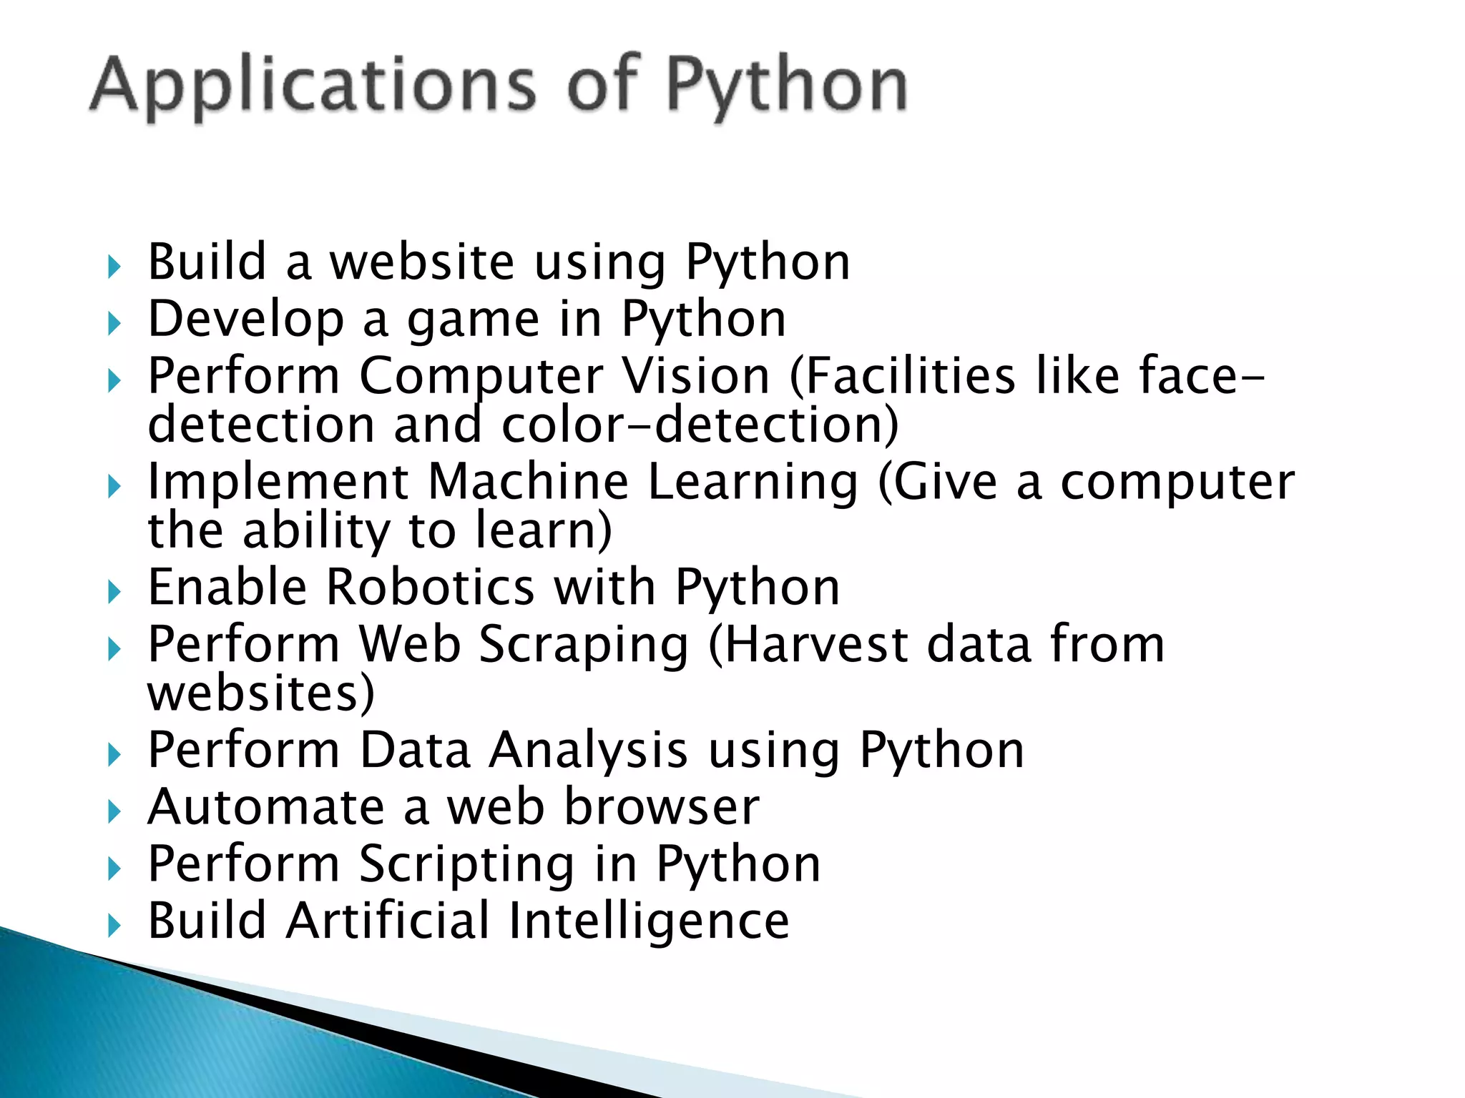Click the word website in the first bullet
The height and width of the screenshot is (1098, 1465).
click(x=422, y=262)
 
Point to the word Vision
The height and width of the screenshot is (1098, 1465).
click(x=695, y=376)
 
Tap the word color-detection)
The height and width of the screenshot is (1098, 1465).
click(x=700, y=425)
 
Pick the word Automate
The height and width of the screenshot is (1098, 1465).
click(x=266, y=808)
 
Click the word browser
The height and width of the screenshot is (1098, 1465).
click(x=661, y=808)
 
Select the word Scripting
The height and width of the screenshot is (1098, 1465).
click(x=466, y=865)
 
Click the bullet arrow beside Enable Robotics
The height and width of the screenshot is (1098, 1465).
click(x=114, y=592)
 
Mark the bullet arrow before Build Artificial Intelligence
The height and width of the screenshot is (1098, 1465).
click(x=114, y=926)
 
